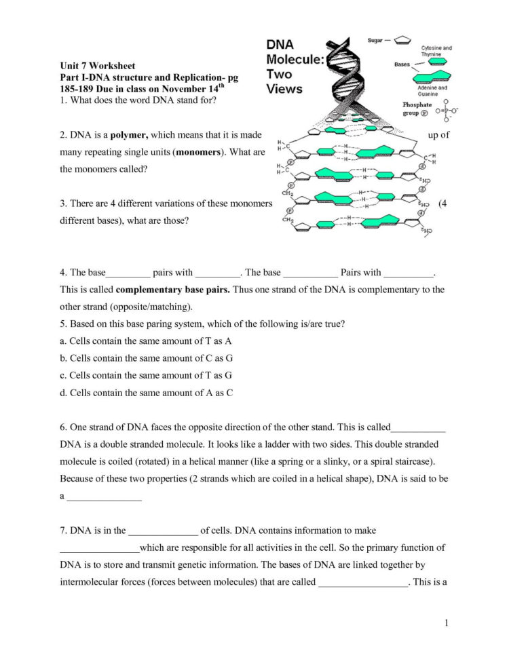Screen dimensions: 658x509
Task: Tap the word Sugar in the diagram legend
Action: pyautogui.click(x=375, y=41)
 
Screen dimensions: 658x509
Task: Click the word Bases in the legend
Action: pyautogui.click(x=402, y=65)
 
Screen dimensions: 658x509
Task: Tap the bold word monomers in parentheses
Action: pyautogui.click(x=200, y=152)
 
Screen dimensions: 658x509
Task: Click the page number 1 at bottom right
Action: pyautogui.click(x=448, y=623)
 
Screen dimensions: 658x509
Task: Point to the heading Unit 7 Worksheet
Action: pyautogui.click(x=97, y=66)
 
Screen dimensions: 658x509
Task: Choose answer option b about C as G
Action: pyautogui.click(x=146, y=357)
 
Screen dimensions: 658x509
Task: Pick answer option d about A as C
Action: pyautogui.click(x=146, y=391)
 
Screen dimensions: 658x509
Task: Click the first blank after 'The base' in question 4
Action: pyautogui.click(x=128, y=273)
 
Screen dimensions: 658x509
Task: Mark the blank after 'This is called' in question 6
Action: pyautogui.click(x=419, y=428)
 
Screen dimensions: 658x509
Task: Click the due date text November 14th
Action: pyautogui.click(x=186, y=89)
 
